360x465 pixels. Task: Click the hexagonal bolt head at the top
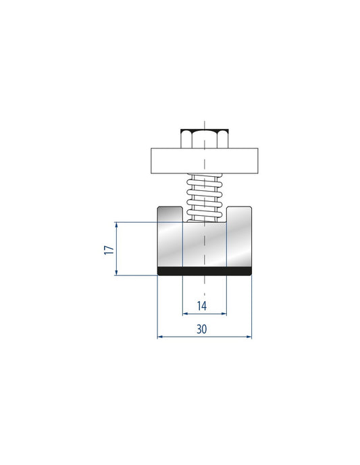click(203, 138)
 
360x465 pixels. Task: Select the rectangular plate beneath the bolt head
click(204, 160)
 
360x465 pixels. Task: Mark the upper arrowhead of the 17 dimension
click(118, 225)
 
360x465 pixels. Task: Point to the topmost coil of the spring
click(204, 177)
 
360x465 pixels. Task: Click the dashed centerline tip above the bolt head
click(204, 121)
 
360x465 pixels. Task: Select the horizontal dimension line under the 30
click(204, 337)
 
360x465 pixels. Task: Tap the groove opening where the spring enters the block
click(204, 215)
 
